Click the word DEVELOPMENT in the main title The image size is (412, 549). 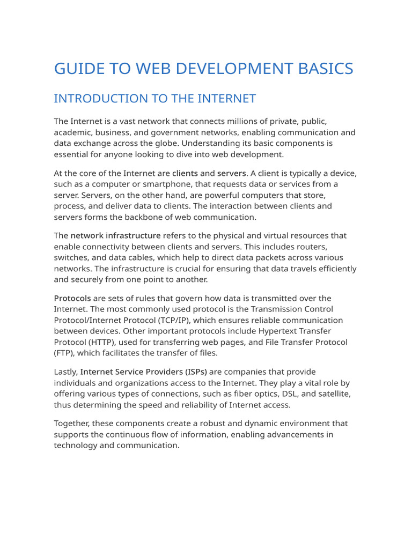196,69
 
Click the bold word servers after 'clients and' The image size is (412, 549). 231,173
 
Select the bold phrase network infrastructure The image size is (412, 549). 115,235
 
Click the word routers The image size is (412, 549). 318,247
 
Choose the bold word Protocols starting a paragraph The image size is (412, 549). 72,298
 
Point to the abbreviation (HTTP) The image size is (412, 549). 98,342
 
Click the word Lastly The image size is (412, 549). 65,372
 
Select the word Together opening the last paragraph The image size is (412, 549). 73,424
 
